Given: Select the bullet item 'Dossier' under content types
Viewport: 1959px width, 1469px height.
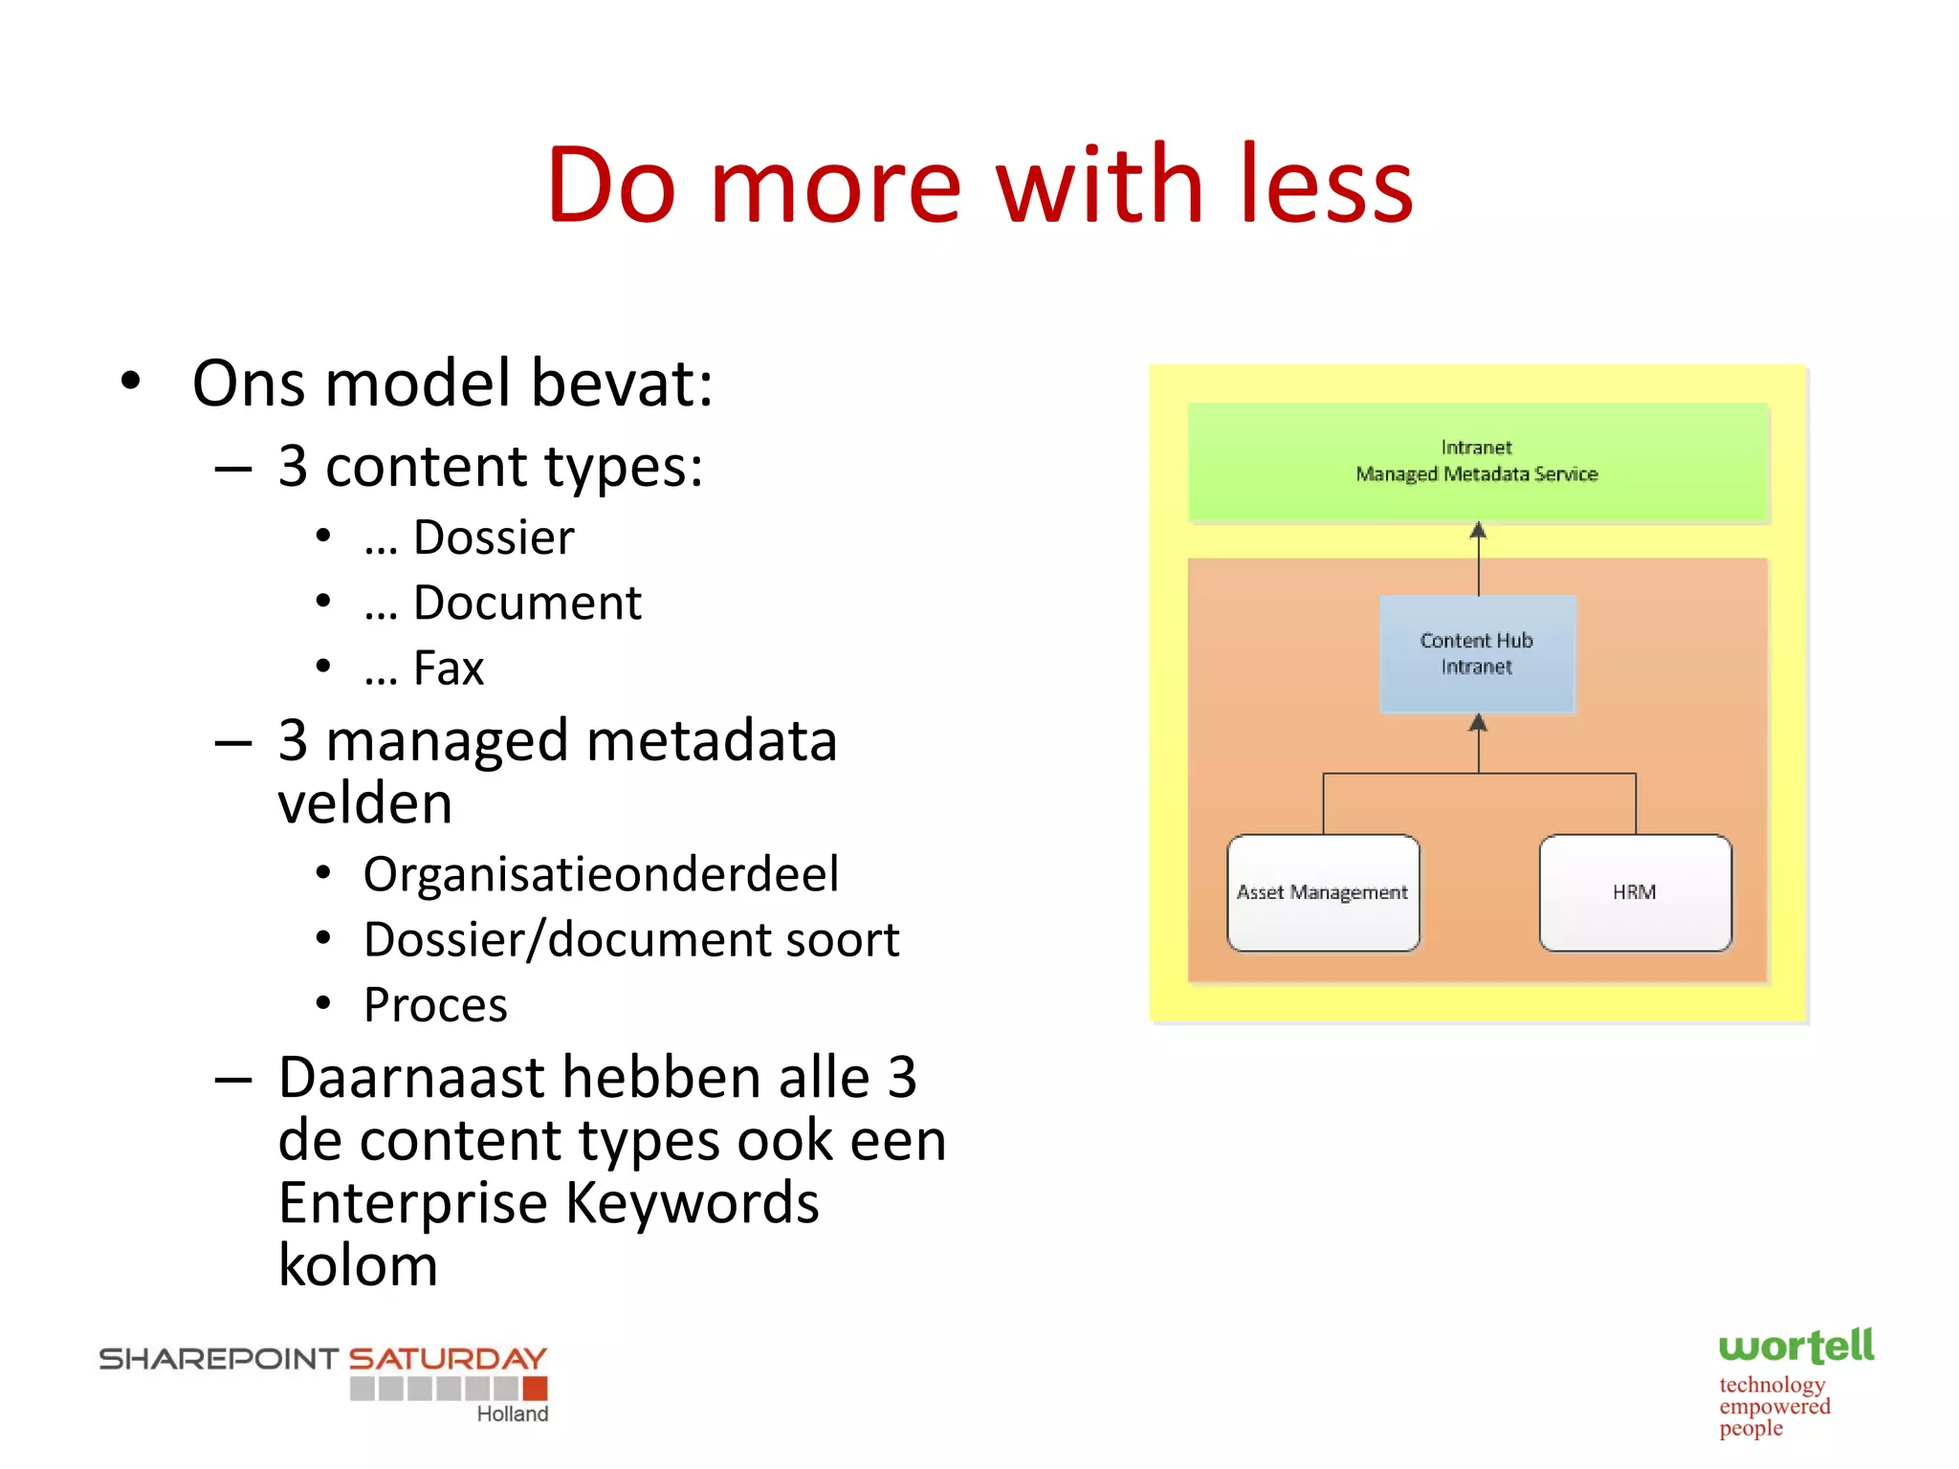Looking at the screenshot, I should [493, 537].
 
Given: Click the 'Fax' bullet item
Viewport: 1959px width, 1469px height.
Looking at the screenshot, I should [448, 668].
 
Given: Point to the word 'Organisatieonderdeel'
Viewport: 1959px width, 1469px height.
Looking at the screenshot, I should [601, 874].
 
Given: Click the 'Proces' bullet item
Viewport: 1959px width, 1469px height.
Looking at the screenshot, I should [435, 1005].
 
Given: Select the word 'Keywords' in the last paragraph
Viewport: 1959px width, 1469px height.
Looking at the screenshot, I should [692, 1202].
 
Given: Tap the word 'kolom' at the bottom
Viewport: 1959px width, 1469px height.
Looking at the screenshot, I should [358, 1265].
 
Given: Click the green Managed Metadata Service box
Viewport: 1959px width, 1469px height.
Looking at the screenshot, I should [1478, 462].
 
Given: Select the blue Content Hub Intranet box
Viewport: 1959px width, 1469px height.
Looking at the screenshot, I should [1477, 654].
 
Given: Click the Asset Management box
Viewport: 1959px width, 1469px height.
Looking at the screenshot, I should [1323, 892].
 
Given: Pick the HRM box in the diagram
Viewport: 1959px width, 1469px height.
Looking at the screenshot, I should [1635, 892].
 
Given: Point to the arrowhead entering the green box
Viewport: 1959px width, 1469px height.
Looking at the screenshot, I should [1478, 530].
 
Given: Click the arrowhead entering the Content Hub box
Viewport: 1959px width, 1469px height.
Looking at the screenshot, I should [1478, 723].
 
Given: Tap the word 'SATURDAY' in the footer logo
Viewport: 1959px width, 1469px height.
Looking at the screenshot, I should [447, 1358].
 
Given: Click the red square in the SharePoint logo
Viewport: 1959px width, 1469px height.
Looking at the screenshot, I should [535, 1388].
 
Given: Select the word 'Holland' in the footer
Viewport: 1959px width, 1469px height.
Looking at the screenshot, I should [513, 1414].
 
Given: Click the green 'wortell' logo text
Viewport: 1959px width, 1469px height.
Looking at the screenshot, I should [1795, 1347].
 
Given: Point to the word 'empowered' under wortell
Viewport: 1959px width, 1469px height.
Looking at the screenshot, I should [1774, 1407].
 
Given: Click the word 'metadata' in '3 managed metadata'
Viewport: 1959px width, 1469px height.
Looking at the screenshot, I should [712, 741].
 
